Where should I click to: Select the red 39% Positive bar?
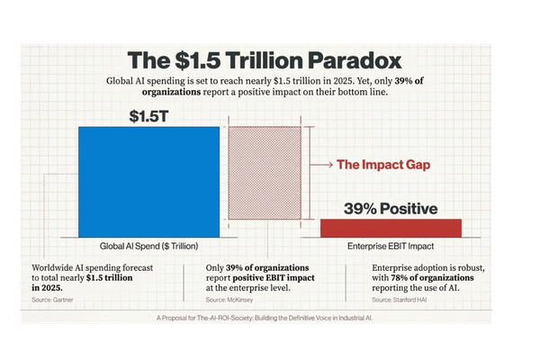391,229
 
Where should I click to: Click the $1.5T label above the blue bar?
148,115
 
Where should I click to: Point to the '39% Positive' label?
391,209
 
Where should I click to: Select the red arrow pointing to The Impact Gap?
321,165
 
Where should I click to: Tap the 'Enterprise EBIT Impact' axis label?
391,246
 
